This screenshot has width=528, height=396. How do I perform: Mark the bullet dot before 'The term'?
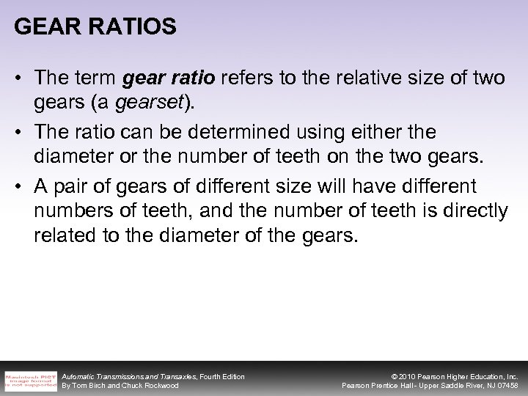click(x=20, y=78)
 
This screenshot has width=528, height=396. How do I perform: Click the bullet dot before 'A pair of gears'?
click(x=20, y=186)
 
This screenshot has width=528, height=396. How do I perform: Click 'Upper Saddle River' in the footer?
click(x=444, y=386)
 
